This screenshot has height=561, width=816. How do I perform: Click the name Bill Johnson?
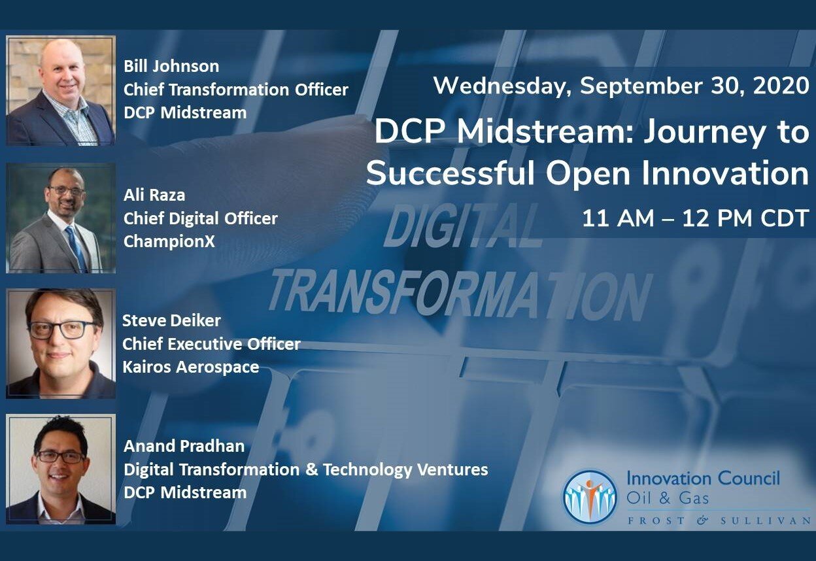pyautogui.click(x=171, y=66)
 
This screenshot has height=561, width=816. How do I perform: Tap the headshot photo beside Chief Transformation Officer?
pyautogui.click(x=61, y=90)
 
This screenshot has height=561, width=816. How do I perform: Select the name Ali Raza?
pyautogui.click(x=154, y=195)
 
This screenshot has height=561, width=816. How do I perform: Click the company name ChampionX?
pyautogui.click(x=169, y=241)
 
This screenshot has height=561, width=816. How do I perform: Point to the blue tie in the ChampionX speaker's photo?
pyautogui.click(x=76, y=248)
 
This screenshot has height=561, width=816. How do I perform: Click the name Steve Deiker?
pyautogui.click(x=171, y=320)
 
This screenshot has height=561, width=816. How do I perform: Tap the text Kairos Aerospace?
pyautogui.click(x=190, y=367)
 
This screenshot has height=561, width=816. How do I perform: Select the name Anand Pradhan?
pyautogui.click(x=184, y=446)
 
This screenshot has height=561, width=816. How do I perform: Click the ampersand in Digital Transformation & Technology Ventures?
pyautogui.click(x=311, y=469)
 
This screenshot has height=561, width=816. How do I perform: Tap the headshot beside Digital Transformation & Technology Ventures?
pyautogui.click(x=61, y=469)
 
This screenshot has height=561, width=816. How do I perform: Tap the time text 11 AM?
pyautogui.click(x=618, y=218)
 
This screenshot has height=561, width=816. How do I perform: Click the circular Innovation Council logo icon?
pyautogui.click(x=590, y=497)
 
